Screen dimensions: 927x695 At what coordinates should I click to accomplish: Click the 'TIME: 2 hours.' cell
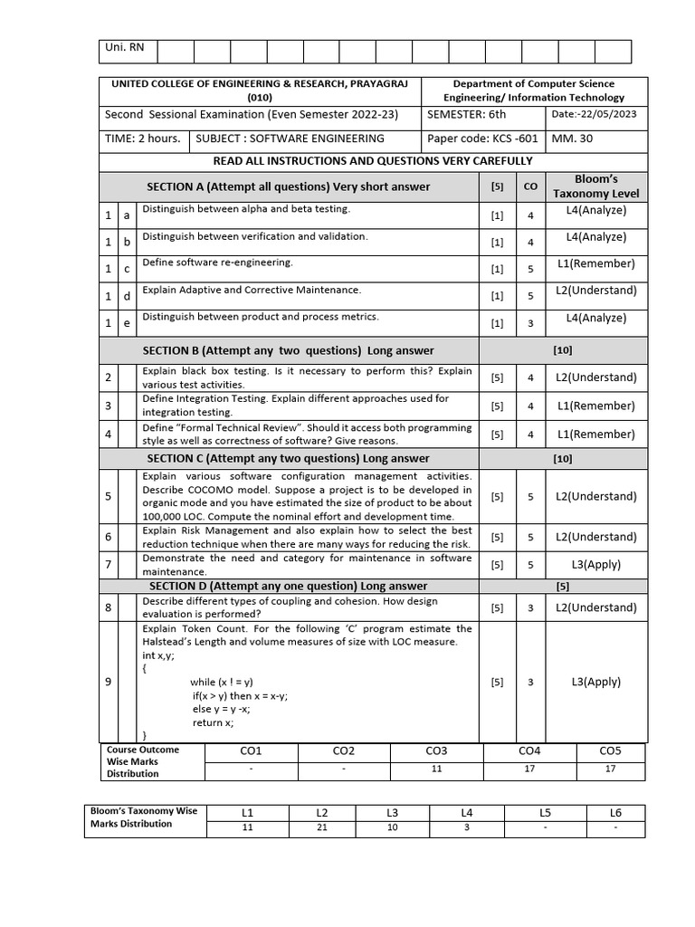tap(143, 139)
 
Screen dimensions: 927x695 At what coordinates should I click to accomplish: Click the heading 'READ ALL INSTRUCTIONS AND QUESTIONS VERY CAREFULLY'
tap(372, 161)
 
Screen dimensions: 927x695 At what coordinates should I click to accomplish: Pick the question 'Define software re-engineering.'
tap(217, 263)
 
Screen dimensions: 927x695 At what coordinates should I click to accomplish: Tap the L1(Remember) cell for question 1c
tap(595, 264)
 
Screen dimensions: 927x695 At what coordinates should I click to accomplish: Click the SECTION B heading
tap(288, 350)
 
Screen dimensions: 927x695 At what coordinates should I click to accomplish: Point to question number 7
tap(109, 565)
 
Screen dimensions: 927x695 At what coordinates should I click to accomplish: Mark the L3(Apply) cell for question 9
tap(595, 682)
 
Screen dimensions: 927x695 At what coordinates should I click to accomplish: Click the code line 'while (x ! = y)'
tap(222, 682)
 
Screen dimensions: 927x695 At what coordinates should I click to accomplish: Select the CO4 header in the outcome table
tap(529, 751)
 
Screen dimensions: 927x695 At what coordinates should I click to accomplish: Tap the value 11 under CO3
tap(436, 769)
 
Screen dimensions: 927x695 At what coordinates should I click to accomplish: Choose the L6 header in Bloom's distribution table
tap(616, 813)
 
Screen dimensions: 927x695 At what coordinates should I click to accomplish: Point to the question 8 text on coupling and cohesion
tap(290, 607)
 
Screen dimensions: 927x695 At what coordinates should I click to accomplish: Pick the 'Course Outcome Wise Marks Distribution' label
tap(144, 761)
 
